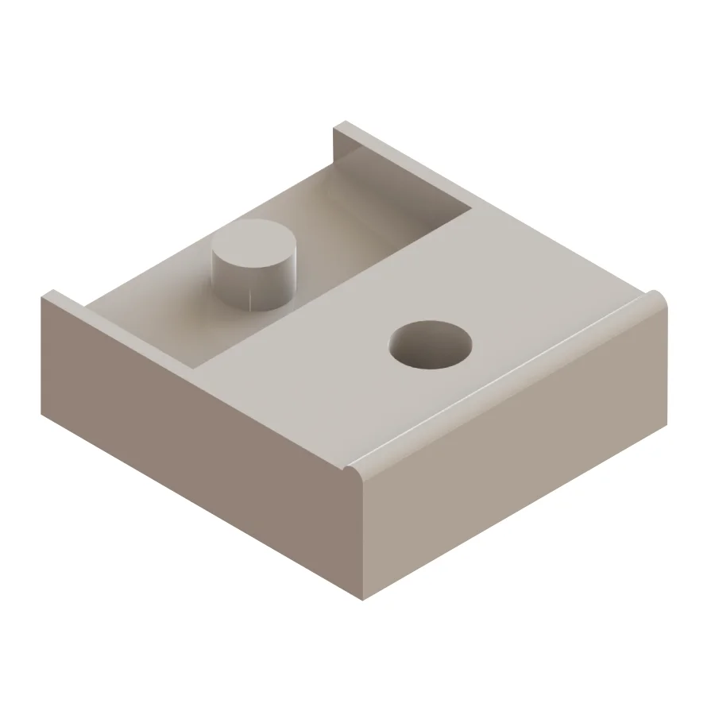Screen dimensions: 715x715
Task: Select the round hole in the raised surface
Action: [430, 345]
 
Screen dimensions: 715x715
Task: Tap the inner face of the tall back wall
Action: [397, 171]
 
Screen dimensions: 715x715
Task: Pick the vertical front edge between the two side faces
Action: [363, 540]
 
